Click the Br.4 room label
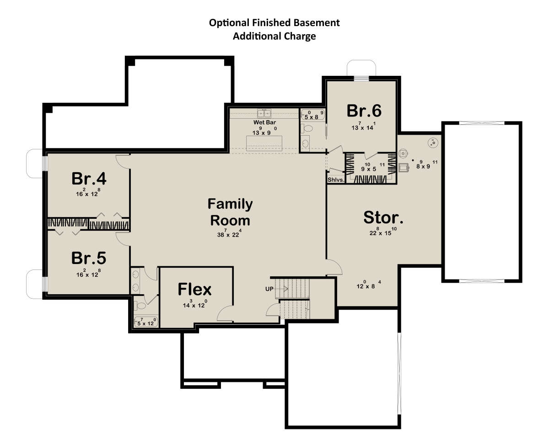pos(89,179)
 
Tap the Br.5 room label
pos(89,258)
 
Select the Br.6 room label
pos(364,111)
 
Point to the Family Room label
pos(230,212)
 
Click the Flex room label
pos(194,289)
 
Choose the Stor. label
pos(383,217)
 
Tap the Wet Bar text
pos(264,122)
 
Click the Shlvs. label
pos(336,180)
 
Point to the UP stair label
pos(269,289)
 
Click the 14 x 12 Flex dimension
pos(195,303)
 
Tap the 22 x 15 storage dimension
pos(383,232)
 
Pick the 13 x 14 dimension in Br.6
pos(363,126)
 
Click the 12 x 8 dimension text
pos(369,285)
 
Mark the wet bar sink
pos(264,113)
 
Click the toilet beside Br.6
pos(307,128)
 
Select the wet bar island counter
pos(264,143)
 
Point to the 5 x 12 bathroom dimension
pos(146,322)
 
